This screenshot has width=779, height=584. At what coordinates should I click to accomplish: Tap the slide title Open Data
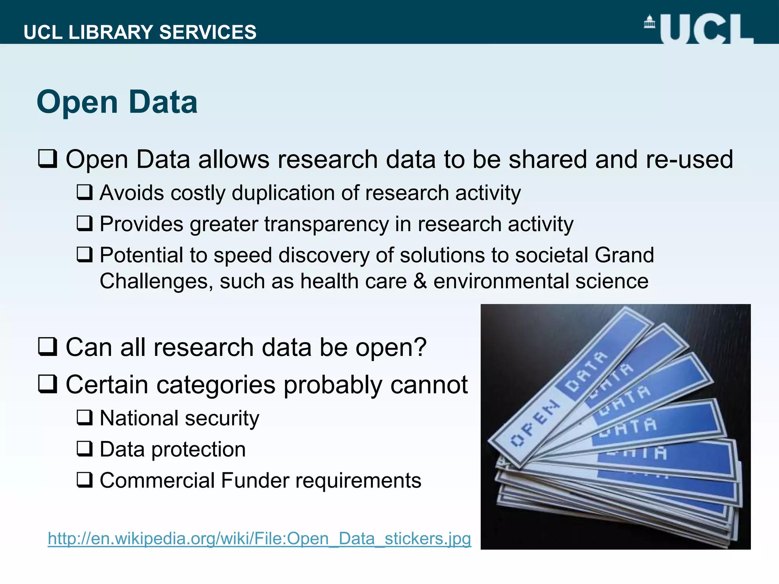pos(117,102)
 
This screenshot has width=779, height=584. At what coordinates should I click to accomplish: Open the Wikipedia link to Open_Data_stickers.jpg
pos(259,538)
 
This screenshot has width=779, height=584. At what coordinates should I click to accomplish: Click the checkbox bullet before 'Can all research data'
pos(48,347)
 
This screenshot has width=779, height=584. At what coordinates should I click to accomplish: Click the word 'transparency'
pos(326,224)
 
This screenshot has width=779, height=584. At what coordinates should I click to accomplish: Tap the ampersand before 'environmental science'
pos(420,281)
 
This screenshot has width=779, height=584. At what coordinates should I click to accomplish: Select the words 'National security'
pos(179,418)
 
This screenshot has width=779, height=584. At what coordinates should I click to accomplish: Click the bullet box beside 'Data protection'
pos(84,449)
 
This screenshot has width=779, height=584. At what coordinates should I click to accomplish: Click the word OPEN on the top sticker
pos(534,424)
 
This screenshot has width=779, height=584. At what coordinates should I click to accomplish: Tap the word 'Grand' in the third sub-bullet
pos(624,255)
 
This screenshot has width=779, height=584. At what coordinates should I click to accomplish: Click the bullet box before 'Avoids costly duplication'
pos(84,192)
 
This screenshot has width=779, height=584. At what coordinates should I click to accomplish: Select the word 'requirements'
pos(358,481)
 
